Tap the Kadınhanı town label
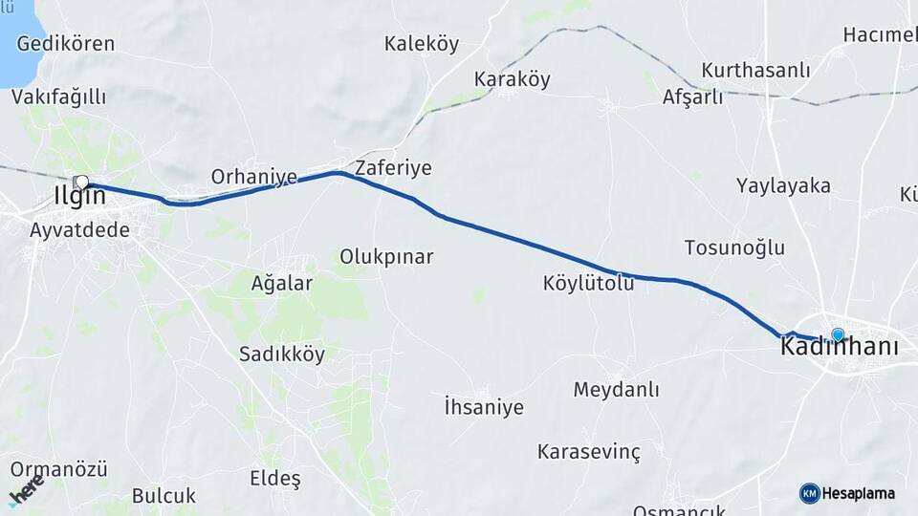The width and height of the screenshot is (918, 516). pos(840,348)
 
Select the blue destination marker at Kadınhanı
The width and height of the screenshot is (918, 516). pos(838,334)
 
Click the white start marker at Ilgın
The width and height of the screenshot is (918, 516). pos(81,182)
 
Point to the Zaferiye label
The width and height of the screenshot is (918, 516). pos(393,168)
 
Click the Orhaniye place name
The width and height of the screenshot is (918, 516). pos(253,177)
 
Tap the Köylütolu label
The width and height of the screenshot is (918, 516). pos(588,283)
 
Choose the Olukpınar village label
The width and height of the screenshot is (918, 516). pos(386,257)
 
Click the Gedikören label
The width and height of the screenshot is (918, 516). pos(65,44)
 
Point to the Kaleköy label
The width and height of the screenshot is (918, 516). pos(422,44)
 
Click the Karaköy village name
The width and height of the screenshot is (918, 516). pos(513,79)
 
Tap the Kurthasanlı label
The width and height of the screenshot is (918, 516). pos(755,71)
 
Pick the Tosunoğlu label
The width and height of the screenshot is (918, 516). pos(734,248)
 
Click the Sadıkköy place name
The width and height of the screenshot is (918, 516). pos(282,355)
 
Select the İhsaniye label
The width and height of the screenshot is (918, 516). pos(484,407)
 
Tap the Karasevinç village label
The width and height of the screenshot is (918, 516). pos(588,450)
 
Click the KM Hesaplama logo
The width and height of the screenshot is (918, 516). pos(847,493)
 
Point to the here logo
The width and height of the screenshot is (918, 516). pos(25,492)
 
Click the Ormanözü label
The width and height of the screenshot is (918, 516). pos(58,470)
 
